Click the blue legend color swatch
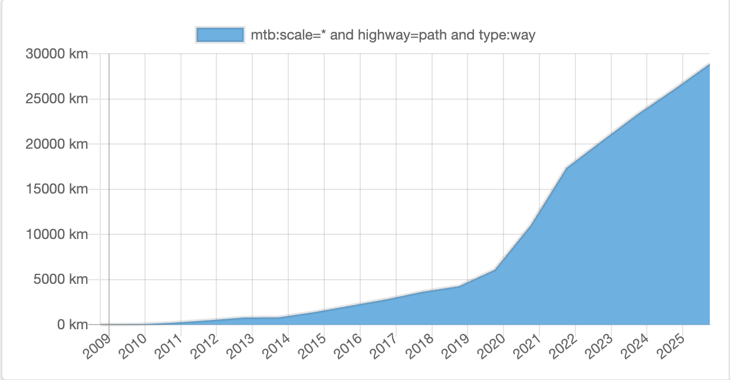tap(220, 35)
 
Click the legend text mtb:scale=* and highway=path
tap(393, 35)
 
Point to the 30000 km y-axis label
tap(57, 54)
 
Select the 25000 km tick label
tap(57, 99)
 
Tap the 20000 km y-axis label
tap(57, 144)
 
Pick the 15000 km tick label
tap(57, 189)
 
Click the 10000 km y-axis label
tap(57, 234)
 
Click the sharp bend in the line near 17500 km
tap(567, 168)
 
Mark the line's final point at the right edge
tap(709, 64)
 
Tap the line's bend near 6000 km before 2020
tap(495, 270)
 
